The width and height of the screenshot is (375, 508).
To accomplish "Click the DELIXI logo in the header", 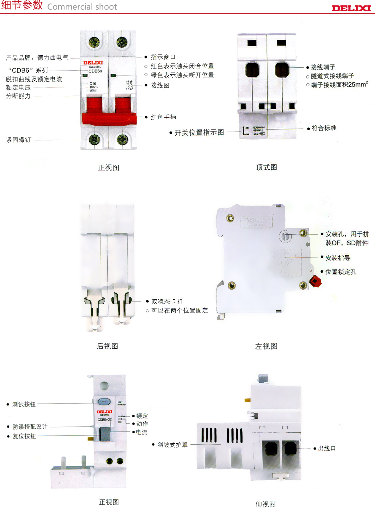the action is [x=351, y=8].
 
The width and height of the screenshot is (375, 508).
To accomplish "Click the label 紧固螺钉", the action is [x=18, y=140].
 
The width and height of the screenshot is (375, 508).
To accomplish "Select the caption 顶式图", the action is [x=266, y=167].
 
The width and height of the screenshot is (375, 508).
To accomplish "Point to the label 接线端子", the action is [x=322, y=67].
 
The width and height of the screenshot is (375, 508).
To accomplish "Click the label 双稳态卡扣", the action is [x=165, y=302].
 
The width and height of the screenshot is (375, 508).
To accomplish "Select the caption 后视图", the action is [x=107, y=346].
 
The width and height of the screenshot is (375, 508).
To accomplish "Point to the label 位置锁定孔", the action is [x=341, y=272].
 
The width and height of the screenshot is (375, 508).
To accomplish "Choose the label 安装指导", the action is [x=337, y=258].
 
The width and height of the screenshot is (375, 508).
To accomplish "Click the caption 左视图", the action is [x=266, y=346].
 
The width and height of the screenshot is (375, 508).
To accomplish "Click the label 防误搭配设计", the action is [x=30, y=427].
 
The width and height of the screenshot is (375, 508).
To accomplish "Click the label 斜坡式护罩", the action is [x=173, y=444].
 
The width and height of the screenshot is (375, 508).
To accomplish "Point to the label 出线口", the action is [x=327, y=448].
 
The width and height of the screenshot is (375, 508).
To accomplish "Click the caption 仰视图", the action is [x=266, y=504].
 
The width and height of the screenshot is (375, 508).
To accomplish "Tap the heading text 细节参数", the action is [x=22, y=6].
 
